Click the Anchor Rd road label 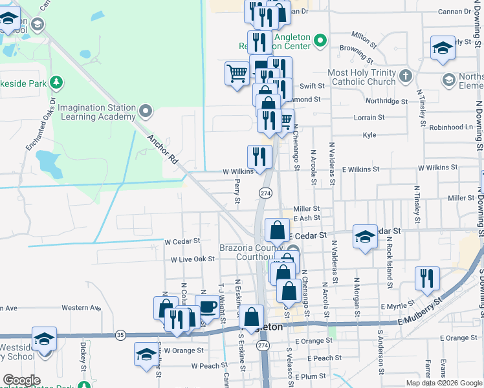coord(162,148)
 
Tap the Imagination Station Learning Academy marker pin coord(146,111)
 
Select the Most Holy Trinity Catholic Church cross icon coord(405,76)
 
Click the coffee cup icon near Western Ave coord(207,306)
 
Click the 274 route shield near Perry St coord(265,193)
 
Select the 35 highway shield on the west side coord(120,334)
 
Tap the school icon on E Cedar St coord(365,236)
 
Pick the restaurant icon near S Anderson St coord(427,277)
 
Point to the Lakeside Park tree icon coord(57,83)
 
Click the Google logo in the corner coord(21,380)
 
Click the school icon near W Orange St coord(146,354)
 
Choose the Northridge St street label coord(386,102)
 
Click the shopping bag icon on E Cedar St coord(277,230)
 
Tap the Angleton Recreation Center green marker coord(319,42)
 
